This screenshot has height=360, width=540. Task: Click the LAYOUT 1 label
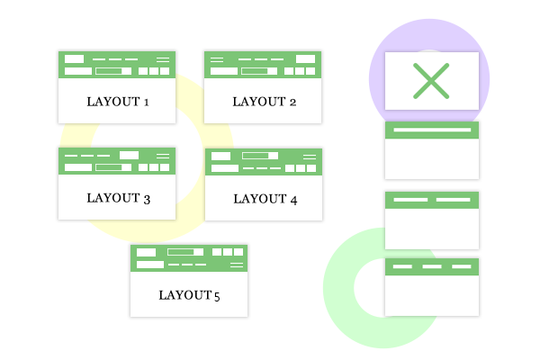pyautogui.click(x=118, y=102)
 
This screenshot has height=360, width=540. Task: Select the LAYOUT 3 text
pyautogui.click(x=118, y=198)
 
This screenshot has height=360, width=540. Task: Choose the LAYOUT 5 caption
pyautogui.click(x=189, y=294)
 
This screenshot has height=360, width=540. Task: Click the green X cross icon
pyautogui.click(x=431, y=81)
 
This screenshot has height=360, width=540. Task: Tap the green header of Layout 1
pyautogui.click(x=118, y=65)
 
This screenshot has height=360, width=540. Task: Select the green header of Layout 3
pyautogui.click(x=118, y=161)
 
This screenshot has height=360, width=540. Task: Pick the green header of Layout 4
pyautogui.click(x=263, y=162)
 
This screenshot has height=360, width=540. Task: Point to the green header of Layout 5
pyautogui.click(x=189, y=257)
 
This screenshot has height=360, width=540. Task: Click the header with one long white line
pyautogui.click(x=432, y=130)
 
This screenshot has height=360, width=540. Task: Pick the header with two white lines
pyautogui.click(x=432, y=199)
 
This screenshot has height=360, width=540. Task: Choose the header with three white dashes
pyautogui.click(x=432, y=266)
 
